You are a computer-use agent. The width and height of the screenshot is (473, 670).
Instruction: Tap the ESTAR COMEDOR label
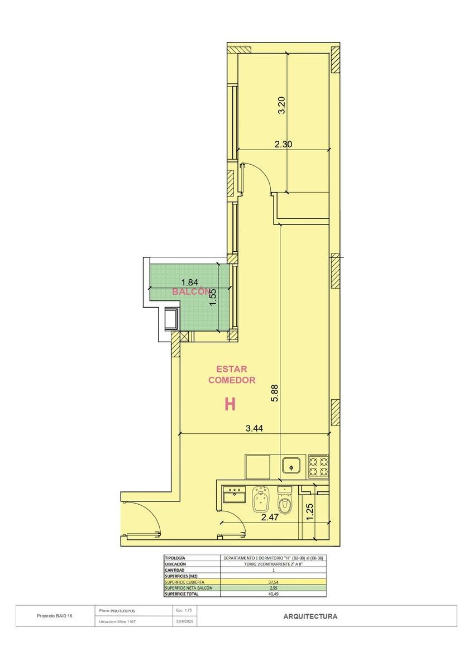(232, 375)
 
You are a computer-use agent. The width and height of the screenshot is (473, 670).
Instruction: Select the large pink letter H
(230, 405)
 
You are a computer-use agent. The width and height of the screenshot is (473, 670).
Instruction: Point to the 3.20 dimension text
(283, 105)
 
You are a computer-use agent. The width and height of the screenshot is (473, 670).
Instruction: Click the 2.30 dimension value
(283, 144)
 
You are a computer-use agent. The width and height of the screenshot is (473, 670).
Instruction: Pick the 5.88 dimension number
(275, 393)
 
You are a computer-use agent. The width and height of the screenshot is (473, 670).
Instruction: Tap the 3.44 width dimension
(254, 428)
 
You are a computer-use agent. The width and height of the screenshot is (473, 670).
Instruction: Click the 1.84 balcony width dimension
(190, 283)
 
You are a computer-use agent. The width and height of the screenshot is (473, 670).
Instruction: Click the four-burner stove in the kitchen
(318, 466)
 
